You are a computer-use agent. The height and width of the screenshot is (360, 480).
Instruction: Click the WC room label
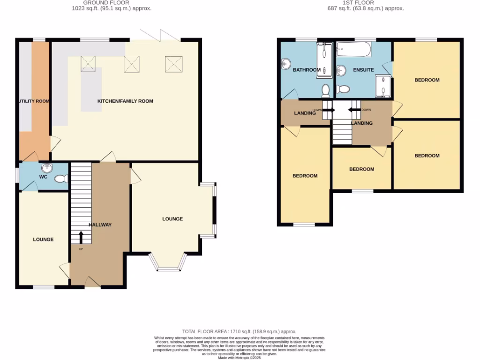click(44, 177)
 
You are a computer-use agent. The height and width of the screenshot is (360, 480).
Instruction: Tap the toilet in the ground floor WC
click(61, 179)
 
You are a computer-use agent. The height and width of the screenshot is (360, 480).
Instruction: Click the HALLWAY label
click(100, 225)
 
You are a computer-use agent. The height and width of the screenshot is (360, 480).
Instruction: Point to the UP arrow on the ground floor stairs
click(81, 237)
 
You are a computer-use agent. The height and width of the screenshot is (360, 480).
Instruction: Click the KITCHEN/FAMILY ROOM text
click(125, 101)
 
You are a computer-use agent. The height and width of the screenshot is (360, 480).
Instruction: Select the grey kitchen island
click(91, 89)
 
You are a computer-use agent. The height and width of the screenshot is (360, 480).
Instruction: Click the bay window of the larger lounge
click(168, 262)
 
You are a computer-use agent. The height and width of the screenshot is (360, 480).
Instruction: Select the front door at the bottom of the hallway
click(92, 282)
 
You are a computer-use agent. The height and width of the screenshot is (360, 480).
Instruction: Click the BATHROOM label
click(307, 70)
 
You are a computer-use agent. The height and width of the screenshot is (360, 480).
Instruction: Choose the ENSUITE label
click(363, 70)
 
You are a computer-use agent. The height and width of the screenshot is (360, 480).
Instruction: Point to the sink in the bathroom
click(286, 64)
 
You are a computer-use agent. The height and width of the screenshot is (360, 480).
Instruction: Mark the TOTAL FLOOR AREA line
click(240, 331)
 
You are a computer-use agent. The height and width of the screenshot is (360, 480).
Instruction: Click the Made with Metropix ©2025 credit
click(240, 357)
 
